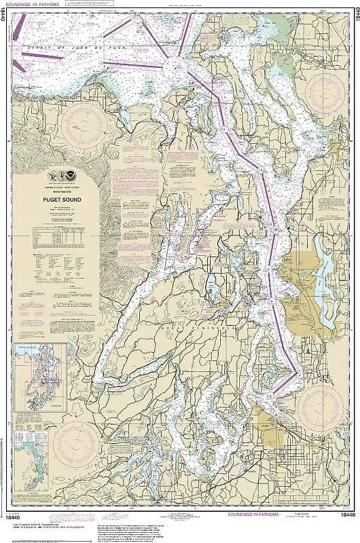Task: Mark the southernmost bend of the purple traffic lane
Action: (294, 372)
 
